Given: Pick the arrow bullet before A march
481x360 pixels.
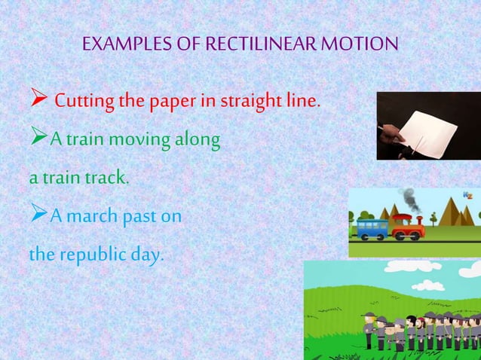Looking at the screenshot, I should tap(38, 218).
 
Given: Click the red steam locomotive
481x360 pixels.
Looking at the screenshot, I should tap(408, 227).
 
